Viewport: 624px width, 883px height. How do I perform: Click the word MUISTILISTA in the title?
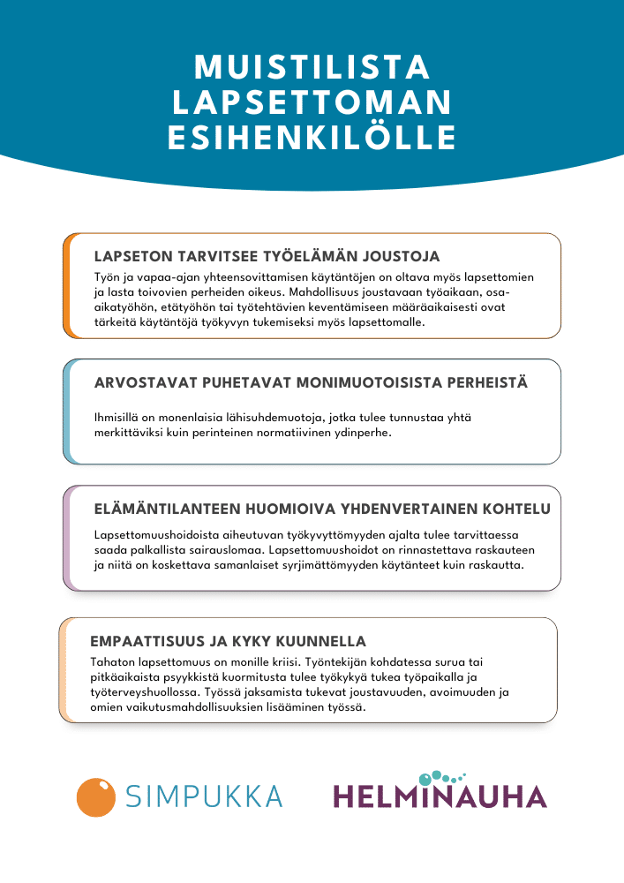click(x=312, y=67)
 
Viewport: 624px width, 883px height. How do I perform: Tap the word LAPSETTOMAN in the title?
click(x=312, y=102)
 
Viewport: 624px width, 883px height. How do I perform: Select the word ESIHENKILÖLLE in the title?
click(x=312, y=138)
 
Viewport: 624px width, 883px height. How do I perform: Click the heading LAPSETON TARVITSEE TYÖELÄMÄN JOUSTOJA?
click(x=267, y=257)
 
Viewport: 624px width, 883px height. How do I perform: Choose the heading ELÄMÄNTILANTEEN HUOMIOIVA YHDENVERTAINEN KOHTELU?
click(x=322, y=509)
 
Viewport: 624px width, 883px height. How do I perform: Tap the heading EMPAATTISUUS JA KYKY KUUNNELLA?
click(x=228, y=641)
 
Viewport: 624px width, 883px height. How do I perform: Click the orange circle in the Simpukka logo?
click(x=96, y=796)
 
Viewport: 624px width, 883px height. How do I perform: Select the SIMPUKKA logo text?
click(x=203, y=796)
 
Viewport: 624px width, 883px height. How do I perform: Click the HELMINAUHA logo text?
click(x=440, y=796)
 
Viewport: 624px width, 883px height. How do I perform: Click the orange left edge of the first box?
click(x=67, y=286)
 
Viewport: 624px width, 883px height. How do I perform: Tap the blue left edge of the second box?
click(x=67, y=411)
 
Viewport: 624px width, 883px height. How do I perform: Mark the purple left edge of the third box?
click(x=67, y=538)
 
